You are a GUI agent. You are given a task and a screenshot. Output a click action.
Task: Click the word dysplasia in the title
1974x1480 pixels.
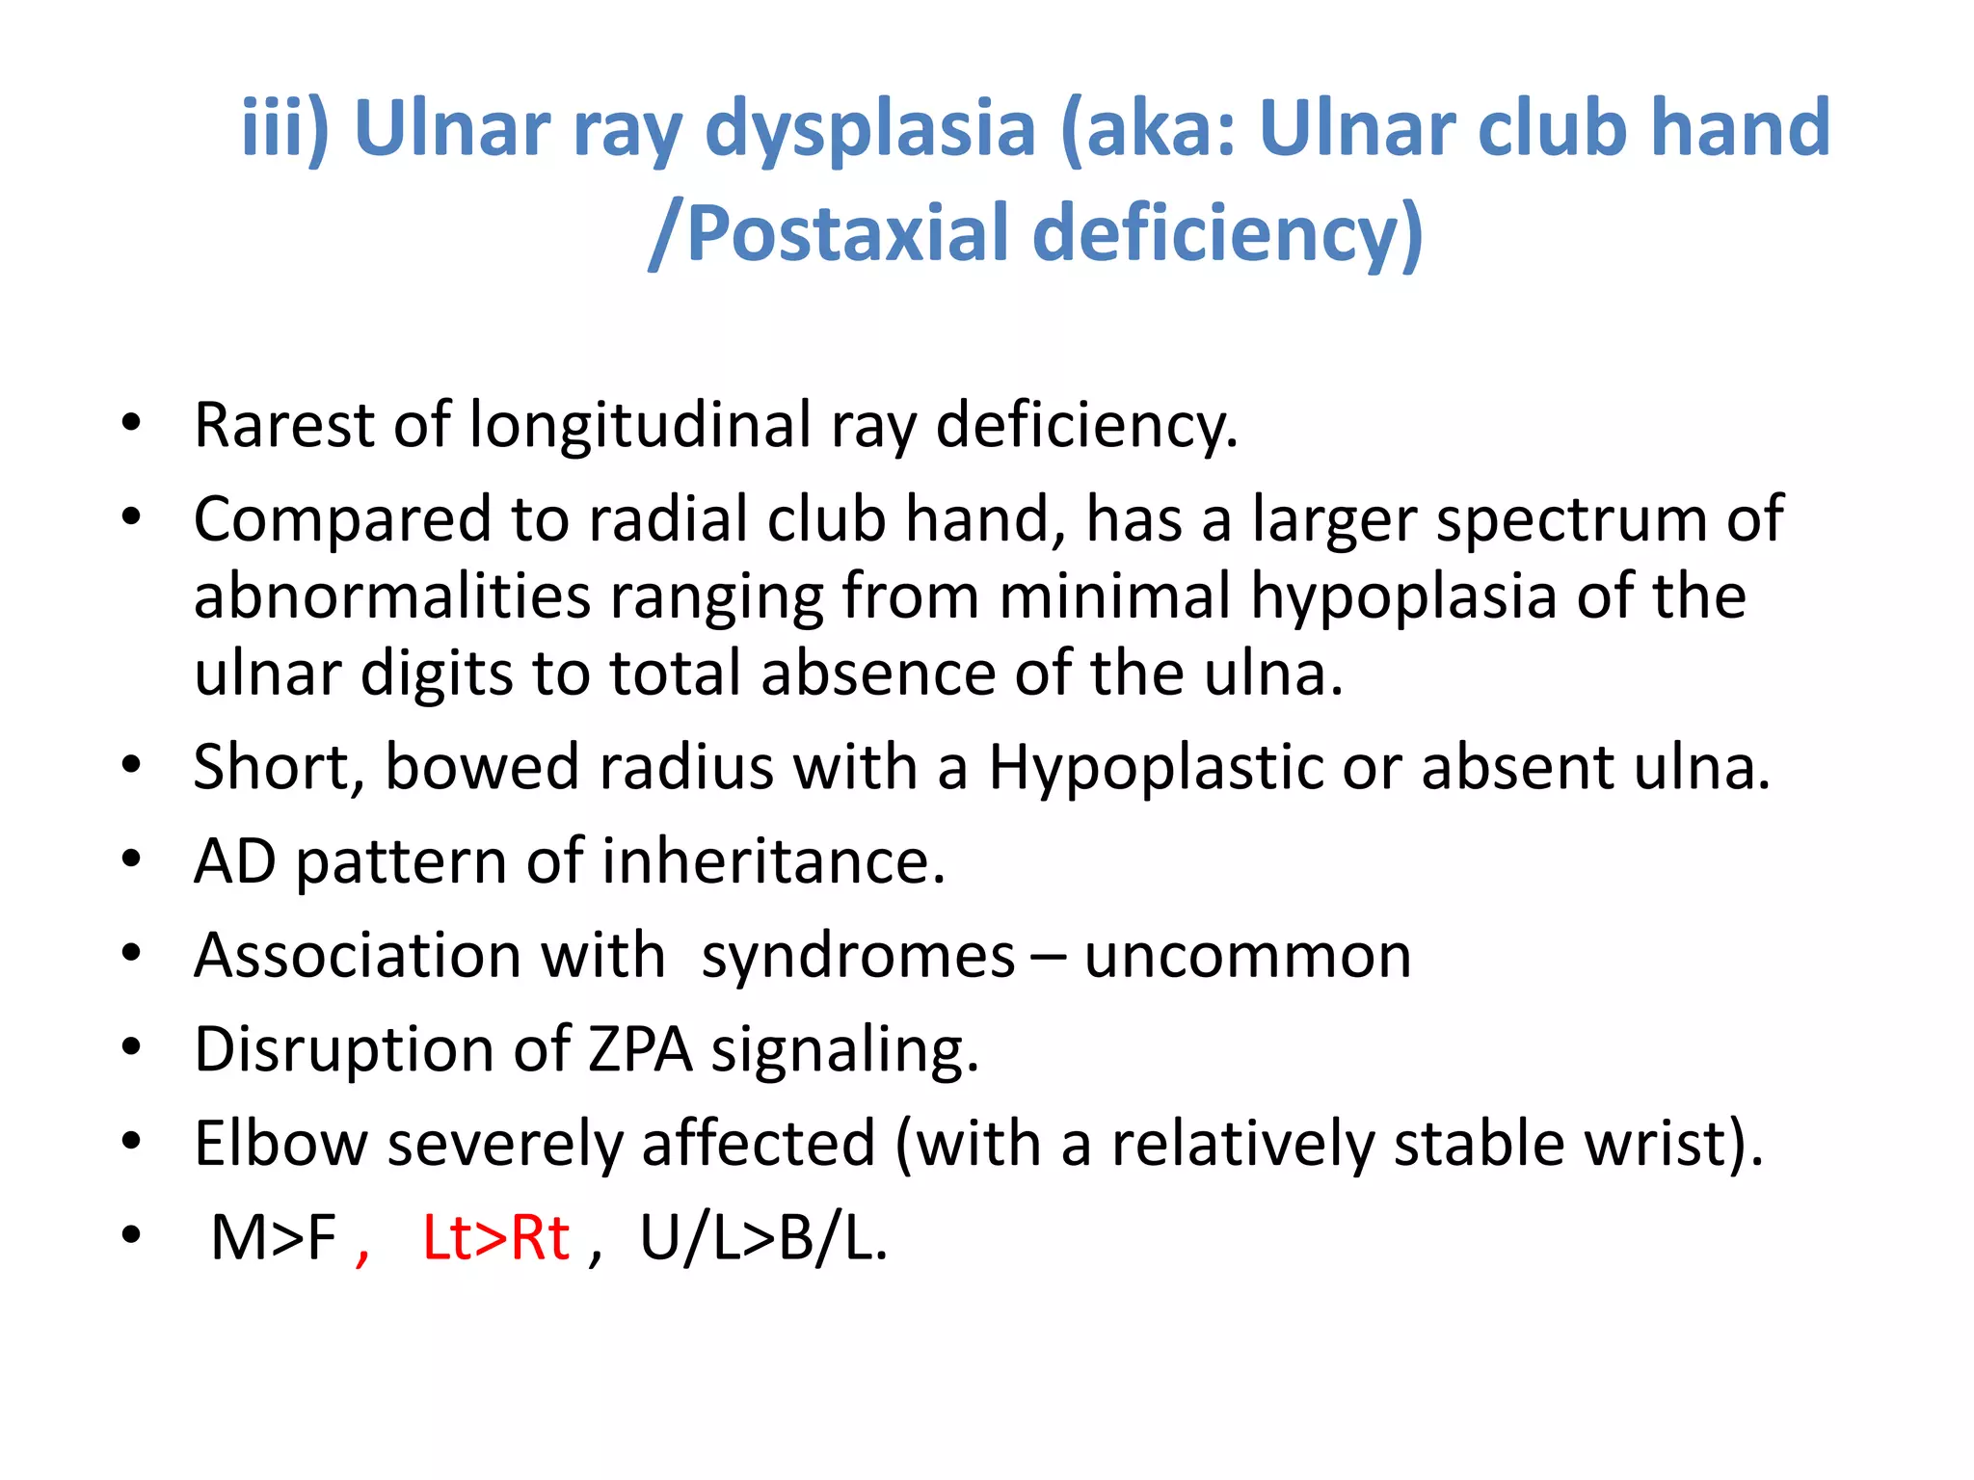tap(869, 128)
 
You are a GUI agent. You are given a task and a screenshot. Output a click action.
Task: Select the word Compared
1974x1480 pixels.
tap(343, 519)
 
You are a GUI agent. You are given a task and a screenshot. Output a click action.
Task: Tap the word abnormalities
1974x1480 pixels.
tap(392, 595)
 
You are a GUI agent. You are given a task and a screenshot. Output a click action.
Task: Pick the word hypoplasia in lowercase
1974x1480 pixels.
tap(1403, 595)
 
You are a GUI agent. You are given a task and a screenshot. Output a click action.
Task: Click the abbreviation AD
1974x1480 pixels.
tap(235, 860)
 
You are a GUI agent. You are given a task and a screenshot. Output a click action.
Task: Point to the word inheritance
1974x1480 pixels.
tap(773, 860)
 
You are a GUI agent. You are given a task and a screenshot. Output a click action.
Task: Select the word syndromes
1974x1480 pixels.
tap(858, 956)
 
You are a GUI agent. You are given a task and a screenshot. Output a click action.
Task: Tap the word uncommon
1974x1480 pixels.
tap(1248, 956)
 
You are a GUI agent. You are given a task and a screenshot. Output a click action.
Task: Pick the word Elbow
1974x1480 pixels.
tap(280, 1144)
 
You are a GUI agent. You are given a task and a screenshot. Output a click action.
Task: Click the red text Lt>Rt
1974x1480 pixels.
tap(496, 1238)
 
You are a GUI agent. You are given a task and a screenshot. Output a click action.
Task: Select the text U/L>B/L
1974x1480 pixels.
tap(762, 1238)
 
